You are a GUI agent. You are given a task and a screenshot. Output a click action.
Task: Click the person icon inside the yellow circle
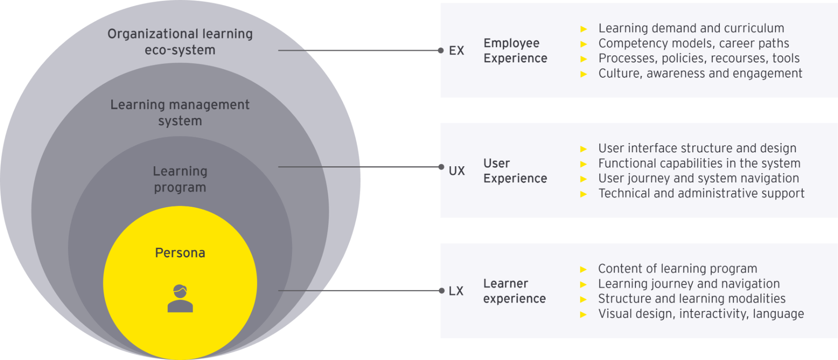tap(180, 299)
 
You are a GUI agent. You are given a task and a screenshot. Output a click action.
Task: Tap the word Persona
tap(180, 253)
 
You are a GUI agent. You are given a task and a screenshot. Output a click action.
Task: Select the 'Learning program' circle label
tap(180, 179)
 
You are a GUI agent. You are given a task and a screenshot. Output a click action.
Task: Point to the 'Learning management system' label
tap(180, 113)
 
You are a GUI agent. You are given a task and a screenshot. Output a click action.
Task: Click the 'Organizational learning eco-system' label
tap(180, 42)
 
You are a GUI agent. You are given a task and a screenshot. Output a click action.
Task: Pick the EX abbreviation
tap(456, 51)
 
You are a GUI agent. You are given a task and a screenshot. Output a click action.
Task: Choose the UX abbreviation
tap(457, 171)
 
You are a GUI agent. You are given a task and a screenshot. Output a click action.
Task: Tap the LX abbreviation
tap(456, 291)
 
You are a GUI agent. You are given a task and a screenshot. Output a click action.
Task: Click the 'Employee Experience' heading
tap(515, 51)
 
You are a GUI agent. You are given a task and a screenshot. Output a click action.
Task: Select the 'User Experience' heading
tap(515, 171)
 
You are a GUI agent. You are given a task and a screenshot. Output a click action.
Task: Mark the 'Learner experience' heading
tap(514, 291)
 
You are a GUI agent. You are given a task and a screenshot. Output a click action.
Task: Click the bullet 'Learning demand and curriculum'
tap(691, 28)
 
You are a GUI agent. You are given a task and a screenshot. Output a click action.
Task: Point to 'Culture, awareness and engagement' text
tap(700, 74)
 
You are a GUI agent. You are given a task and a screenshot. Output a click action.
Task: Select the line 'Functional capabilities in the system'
tap(699, 163)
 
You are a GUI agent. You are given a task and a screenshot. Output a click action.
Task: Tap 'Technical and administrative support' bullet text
tap(701, 193)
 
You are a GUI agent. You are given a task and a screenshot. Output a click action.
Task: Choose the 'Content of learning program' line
tap(677, 269)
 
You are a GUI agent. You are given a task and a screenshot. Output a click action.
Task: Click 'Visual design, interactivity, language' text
tap(701, 314)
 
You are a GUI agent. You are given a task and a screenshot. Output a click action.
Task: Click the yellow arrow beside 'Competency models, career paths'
tap(584, 44)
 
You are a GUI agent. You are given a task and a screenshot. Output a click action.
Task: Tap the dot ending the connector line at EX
tap(440, 50)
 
